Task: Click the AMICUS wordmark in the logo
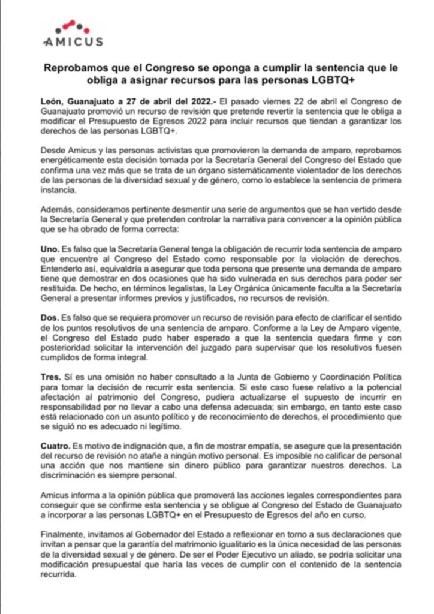(73, 41)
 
